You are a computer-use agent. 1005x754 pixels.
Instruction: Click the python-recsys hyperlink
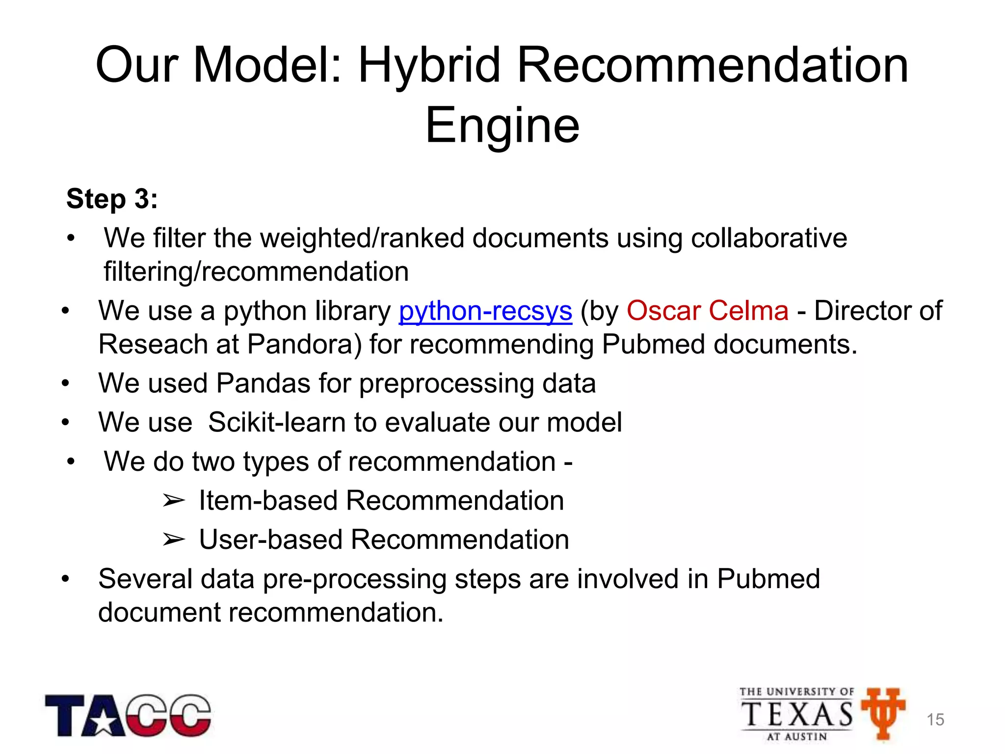pyautogui.click(x=485, y=311)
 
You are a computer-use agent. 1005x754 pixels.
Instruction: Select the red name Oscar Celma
pyautogui.click(x=708, y=311)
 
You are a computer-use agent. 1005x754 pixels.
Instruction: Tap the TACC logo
pyautogui.click(x=128, y=715)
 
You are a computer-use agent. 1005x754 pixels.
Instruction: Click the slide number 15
pyautogui.click(x=935, y=720)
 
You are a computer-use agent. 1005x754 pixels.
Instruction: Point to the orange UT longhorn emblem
pyautogui.click(x=883, y=712)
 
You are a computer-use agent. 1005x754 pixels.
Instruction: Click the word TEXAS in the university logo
pyautogui.click(x=797, y=714)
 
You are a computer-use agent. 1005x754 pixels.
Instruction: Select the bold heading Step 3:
pyautogui.click(x=112, y=199)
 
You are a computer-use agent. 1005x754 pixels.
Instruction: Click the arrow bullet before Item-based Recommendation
pyautogui.click(x=174, y=501)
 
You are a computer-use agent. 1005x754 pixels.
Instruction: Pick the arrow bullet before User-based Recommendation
pyautogui.click(x=174, y=540)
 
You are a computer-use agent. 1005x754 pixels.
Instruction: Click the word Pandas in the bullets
pyautogui.click(x=263, y=383)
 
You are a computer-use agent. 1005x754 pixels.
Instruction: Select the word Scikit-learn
pyautogui.click(x=277, y=423)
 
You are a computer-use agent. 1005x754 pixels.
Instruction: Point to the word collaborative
pyautogui.click(x=768, y=239)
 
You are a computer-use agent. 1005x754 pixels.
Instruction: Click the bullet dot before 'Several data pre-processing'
pyautogui.click(x=66, y=579)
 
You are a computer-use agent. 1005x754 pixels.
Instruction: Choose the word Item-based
pyautogui.click(x=268, y=501)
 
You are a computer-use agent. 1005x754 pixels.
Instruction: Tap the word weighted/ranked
pyautogui.click(x=362, y=239)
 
